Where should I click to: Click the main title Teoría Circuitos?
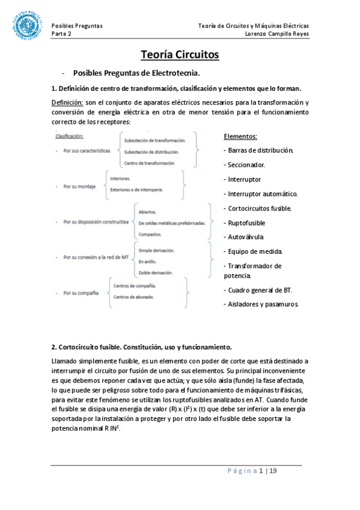[180, 55]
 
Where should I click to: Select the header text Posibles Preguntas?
[77, 26]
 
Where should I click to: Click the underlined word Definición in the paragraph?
[67, 102]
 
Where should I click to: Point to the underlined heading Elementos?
[240, 137]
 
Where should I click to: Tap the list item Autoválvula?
[245, 237]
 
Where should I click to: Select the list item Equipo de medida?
[252, 251]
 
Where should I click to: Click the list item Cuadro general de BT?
[258, 290]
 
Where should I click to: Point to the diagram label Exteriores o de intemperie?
[136, 189]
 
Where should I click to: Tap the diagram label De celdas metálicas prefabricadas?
[172, 223]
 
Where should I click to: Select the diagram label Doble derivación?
[155, 272]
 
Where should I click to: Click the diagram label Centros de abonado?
[133, 297]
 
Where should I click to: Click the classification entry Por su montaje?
[81, 186]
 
